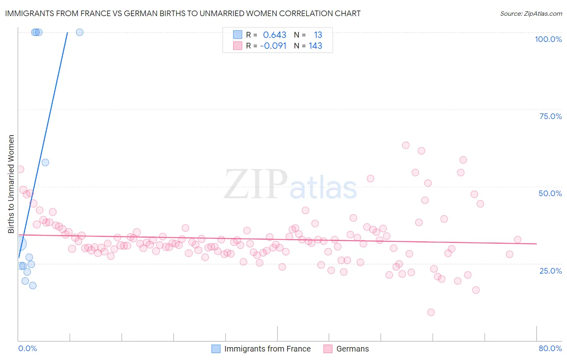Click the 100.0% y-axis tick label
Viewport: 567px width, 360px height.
pyautogui.click(x=548, y=39)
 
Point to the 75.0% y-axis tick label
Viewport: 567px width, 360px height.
pyautogui.click(x=550, y=116)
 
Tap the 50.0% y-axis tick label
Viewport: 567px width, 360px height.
pyautogui.click(x=550, y=193)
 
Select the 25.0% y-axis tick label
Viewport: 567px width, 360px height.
pyautogui.click(x=550, y=270)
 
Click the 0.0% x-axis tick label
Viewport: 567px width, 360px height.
pyautogui.click(x=27, y=348)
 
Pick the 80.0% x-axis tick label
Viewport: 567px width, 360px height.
pyautogui.click(x=550, y=348)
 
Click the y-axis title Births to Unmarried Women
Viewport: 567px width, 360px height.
pyautogui.click(x=11, y=184)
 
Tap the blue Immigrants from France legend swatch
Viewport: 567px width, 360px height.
pyautogui.click(x=216, y=349)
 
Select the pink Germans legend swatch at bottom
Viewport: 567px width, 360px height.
pyautogui.click(x=328, y=349)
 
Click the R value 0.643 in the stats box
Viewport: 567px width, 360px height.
pyautogui.click(x=275, y=35)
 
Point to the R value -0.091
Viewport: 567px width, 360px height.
pyautogui.click(x=273, y=46)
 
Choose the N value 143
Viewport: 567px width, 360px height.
pyautogui.click(x=315, y=46)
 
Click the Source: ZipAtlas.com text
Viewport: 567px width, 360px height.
pyautogui.click(x=531, y=14)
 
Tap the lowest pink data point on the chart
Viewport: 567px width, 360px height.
pyautogui.click(x=431, y=312)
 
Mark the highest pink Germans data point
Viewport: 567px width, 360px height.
pyautogui.click(x=406, y=145)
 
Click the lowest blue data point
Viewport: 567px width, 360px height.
pyautogui.click(x=33, y=285)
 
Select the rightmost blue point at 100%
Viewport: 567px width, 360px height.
pyautogui.click(x=79, y=32)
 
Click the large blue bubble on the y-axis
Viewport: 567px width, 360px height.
pyautogui.click(x=19, y=243)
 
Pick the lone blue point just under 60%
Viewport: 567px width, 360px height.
pyautogui.click(x=45, y=162)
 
